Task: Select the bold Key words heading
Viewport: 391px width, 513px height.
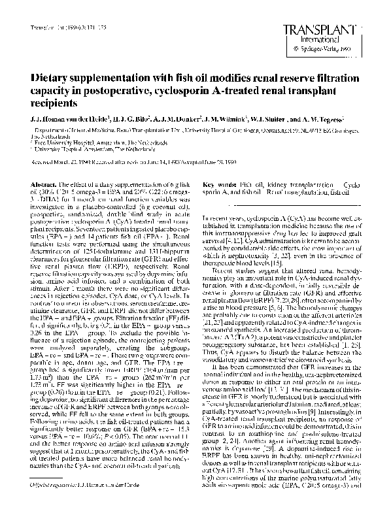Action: pyautogui.click(x=218, y=165)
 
